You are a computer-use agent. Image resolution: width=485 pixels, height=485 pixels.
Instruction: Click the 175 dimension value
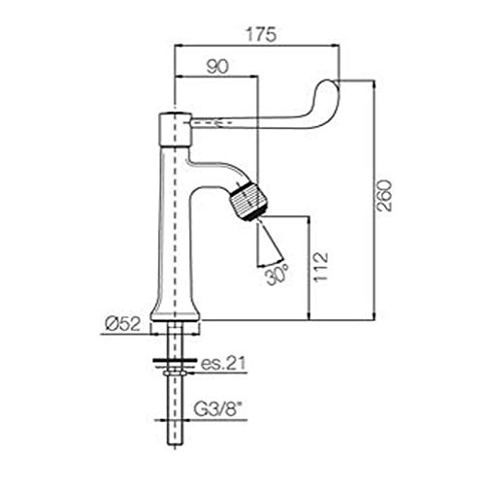[261, 35]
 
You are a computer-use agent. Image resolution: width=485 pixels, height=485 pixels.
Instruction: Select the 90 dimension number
[217, 67]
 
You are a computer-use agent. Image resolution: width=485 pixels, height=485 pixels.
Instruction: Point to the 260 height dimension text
[385, 195]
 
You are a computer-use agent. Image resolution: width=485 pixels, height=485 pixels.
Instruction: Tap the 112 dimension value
[321, 268]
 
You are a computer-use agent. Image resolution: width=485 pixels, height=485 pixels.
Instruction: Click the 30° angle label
[277, 275]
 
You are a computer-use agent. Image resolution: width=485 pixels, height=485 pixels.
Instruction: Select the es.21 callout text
[223, 364]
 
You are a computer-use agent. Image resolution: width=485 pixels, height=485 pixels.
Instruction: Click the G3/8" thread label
[218, 410]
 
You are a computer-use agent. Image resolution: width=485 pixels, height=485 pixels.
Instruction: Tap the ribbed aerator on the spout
[247, 201]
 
